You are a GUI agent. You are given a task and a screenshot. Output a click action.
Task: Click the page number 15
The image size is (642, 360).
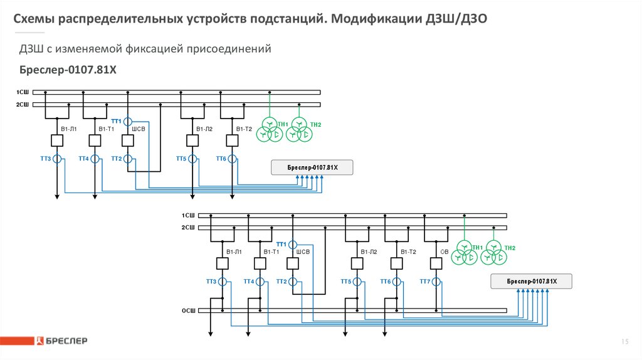point(624,341)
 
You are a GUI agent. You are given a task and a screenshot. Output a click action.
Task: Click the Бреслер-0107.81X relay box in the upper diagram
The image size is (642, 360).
point(312,167)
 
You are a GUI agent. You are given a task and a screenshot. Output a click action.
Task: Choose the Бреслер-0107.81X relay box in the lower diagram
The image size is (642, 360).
point(532,282)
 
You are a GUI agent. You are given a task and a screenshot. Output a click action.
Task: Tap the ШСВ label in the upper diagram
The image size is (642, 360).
point(139,129)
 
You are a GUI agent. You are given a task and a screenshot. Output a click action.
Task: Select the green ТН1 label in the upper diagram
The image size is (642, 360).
point(283,124)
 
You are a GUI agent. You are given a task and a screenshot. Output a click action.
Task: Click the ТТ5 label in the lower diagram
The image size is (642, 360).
point(345,282)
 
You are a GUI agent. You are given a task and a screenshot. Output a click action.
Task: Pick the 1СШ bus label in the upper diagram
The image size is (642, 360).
point(23,92)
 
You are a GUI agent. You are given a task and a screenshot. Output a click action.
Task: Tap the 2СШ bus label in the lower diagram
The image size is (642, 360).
point(188,227)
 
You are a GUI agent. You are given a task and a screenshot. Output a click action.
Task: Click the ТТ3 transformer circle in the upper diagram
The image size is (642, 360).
point(57,159)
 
